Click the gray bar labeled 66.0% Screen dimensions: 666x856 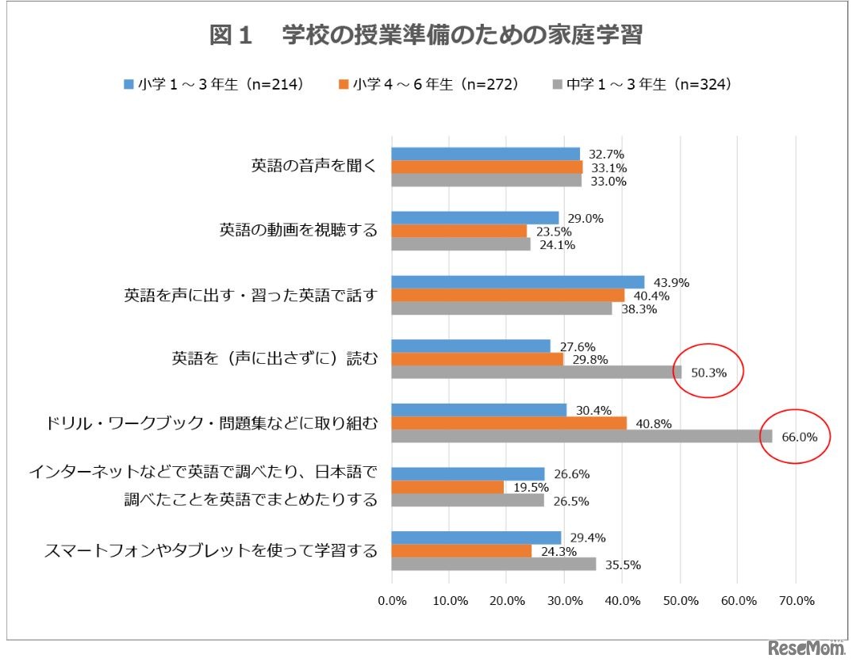click(582, 436)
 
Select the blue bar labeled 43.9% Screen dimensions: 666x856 click(518, 282)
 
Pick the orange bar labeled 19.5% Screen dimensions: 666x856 click(448, 487)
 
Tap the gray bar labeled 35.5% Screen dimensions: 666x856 click(493, 564)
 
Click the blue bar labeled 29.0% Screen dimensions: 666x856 click(475, 218)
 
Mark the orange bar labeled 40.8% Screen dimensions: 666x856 click(509, 423)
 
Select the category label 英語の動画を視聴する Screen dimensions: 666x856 click(298, 231)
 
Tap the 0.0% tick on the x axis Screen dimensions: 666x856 click(392, 601)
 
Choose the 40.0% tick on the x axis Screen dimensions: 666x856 click(622, 601)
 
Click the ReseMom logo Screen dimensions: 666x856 click(806, 649)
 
